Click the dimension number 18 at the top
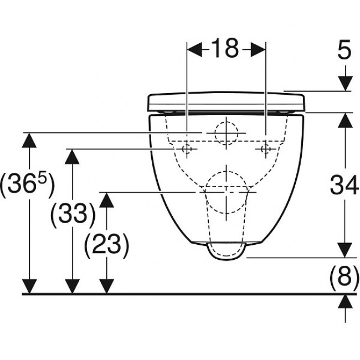(x=225, y=48)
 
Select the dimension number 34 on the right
(x=344, y=185)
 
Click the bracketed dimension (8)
(x=344, y=275)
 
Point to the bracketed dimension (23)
(x=107, y=244)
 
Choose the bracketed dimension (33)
(x=73, y=215)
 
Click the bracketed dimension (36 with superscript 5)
(x=28, y=186)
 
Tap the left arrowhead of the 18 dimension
(x=195, y=49)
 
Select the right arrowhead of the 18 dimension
(x=258, y=49)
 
